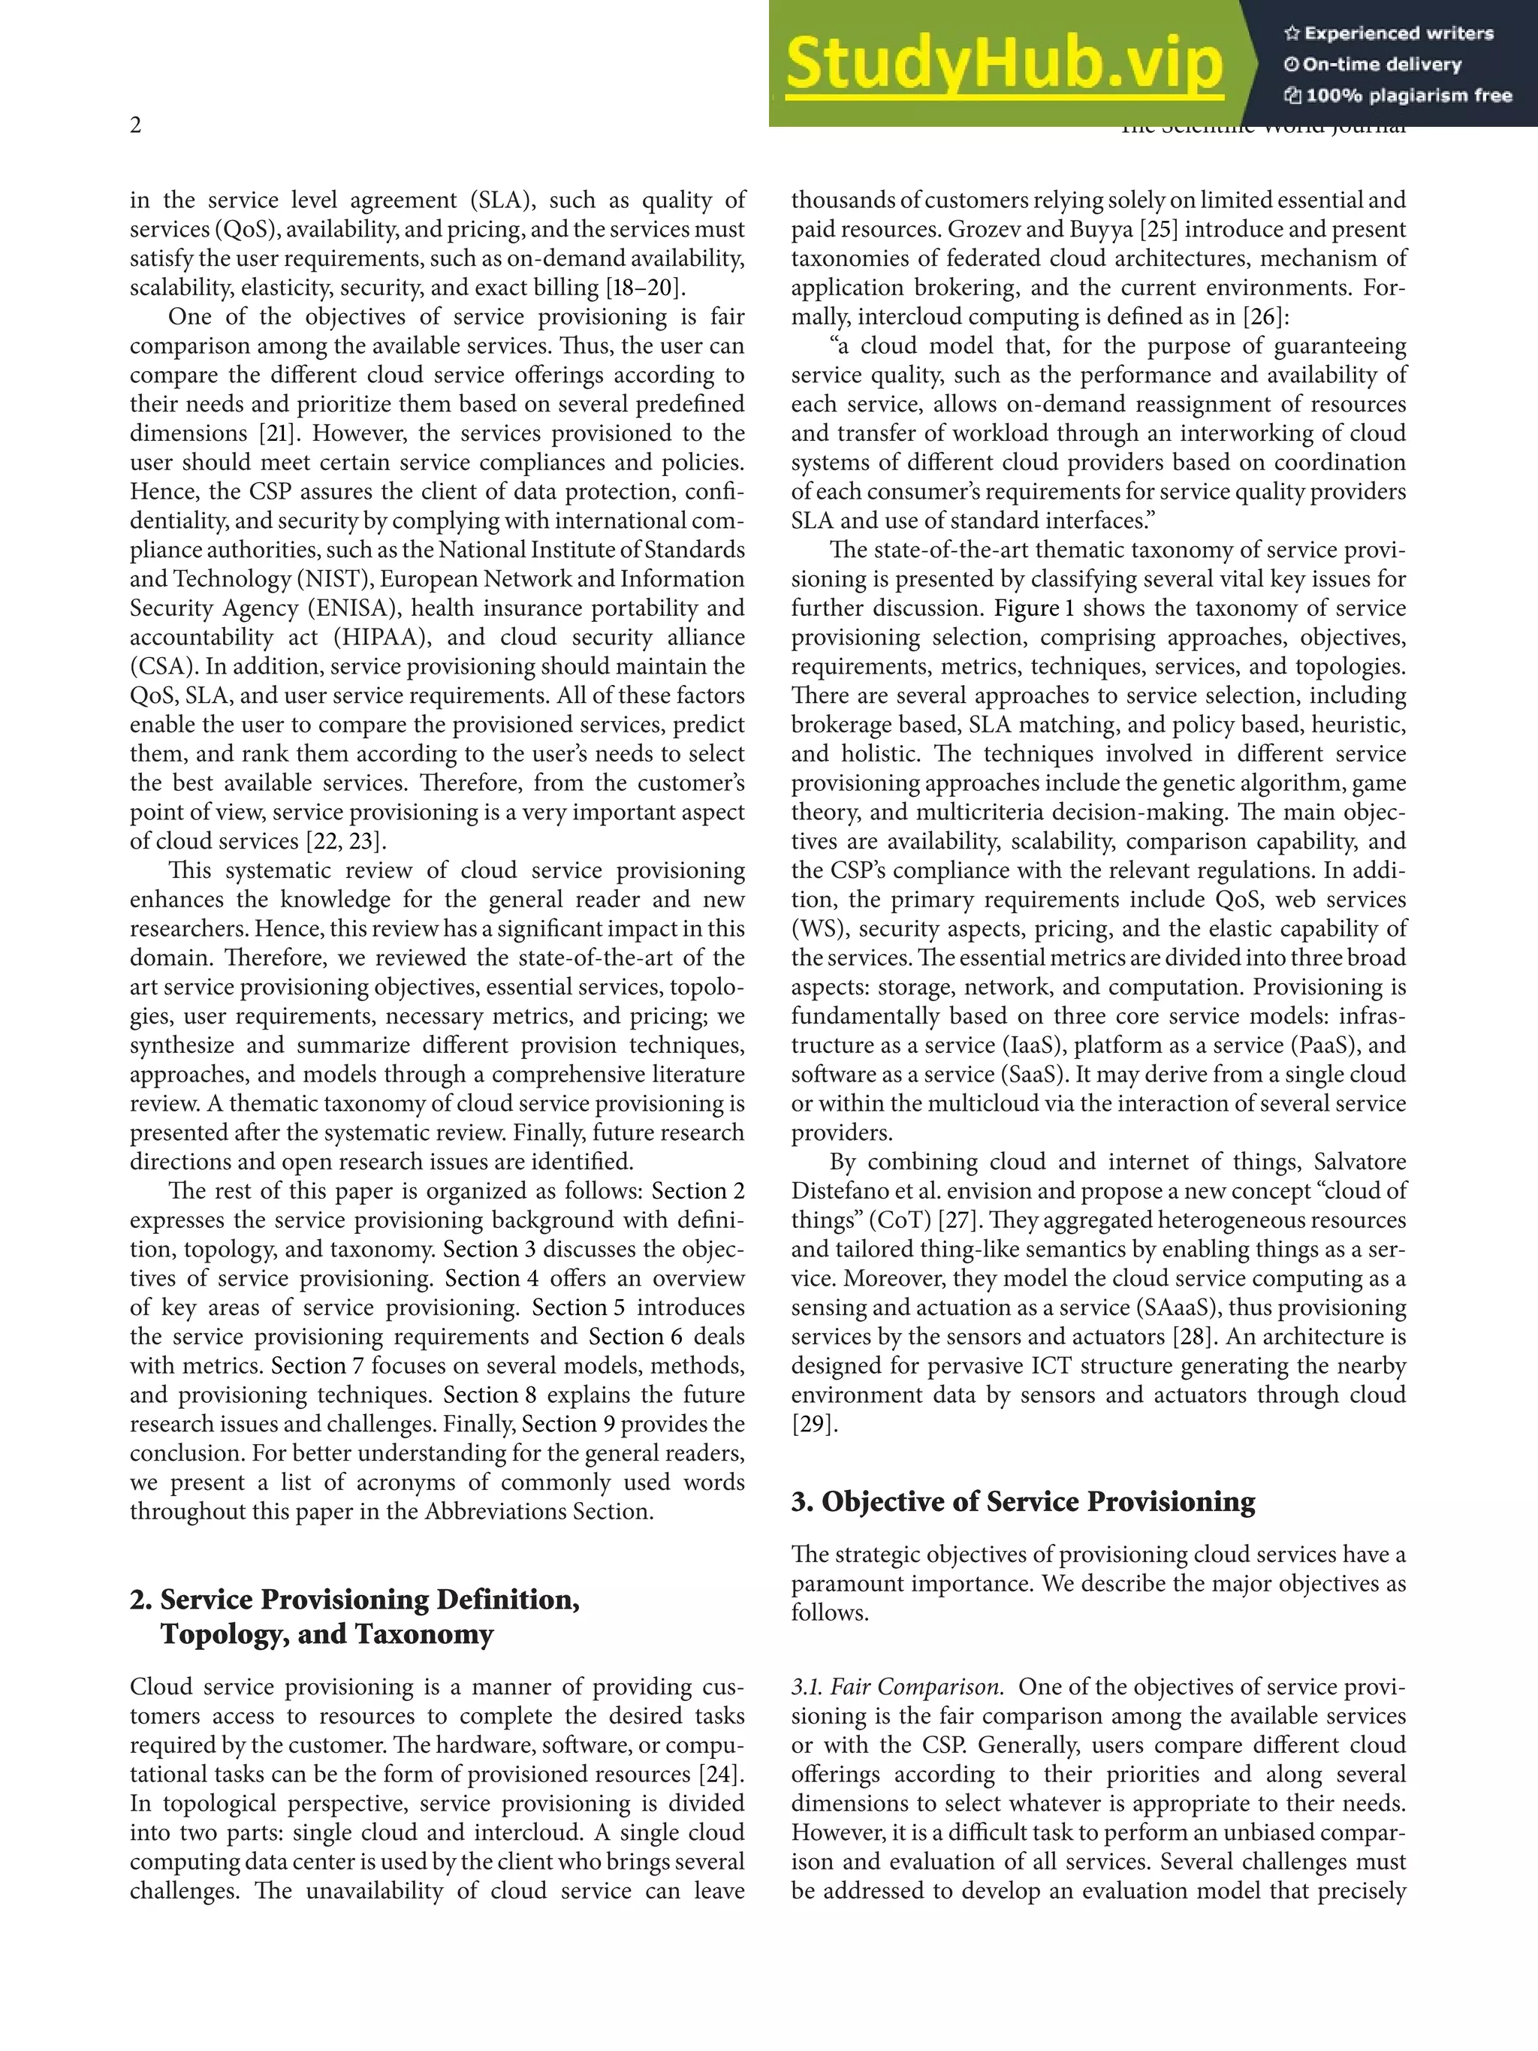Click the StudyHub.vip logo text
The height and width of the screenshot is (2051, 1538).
click(x=1004, y=65)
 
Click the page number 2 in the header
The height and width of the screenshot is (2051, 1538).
click(x=135, y=126)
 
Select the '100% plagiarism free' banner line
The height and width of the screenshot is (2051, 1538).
click(x=1398, y=95)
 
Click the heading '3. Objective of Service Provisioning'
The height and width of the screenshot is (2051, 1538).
click(x=1023, y=1502)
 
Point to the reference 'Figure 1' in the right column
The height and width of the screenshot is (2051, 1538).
click(x=1035, y=608)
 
